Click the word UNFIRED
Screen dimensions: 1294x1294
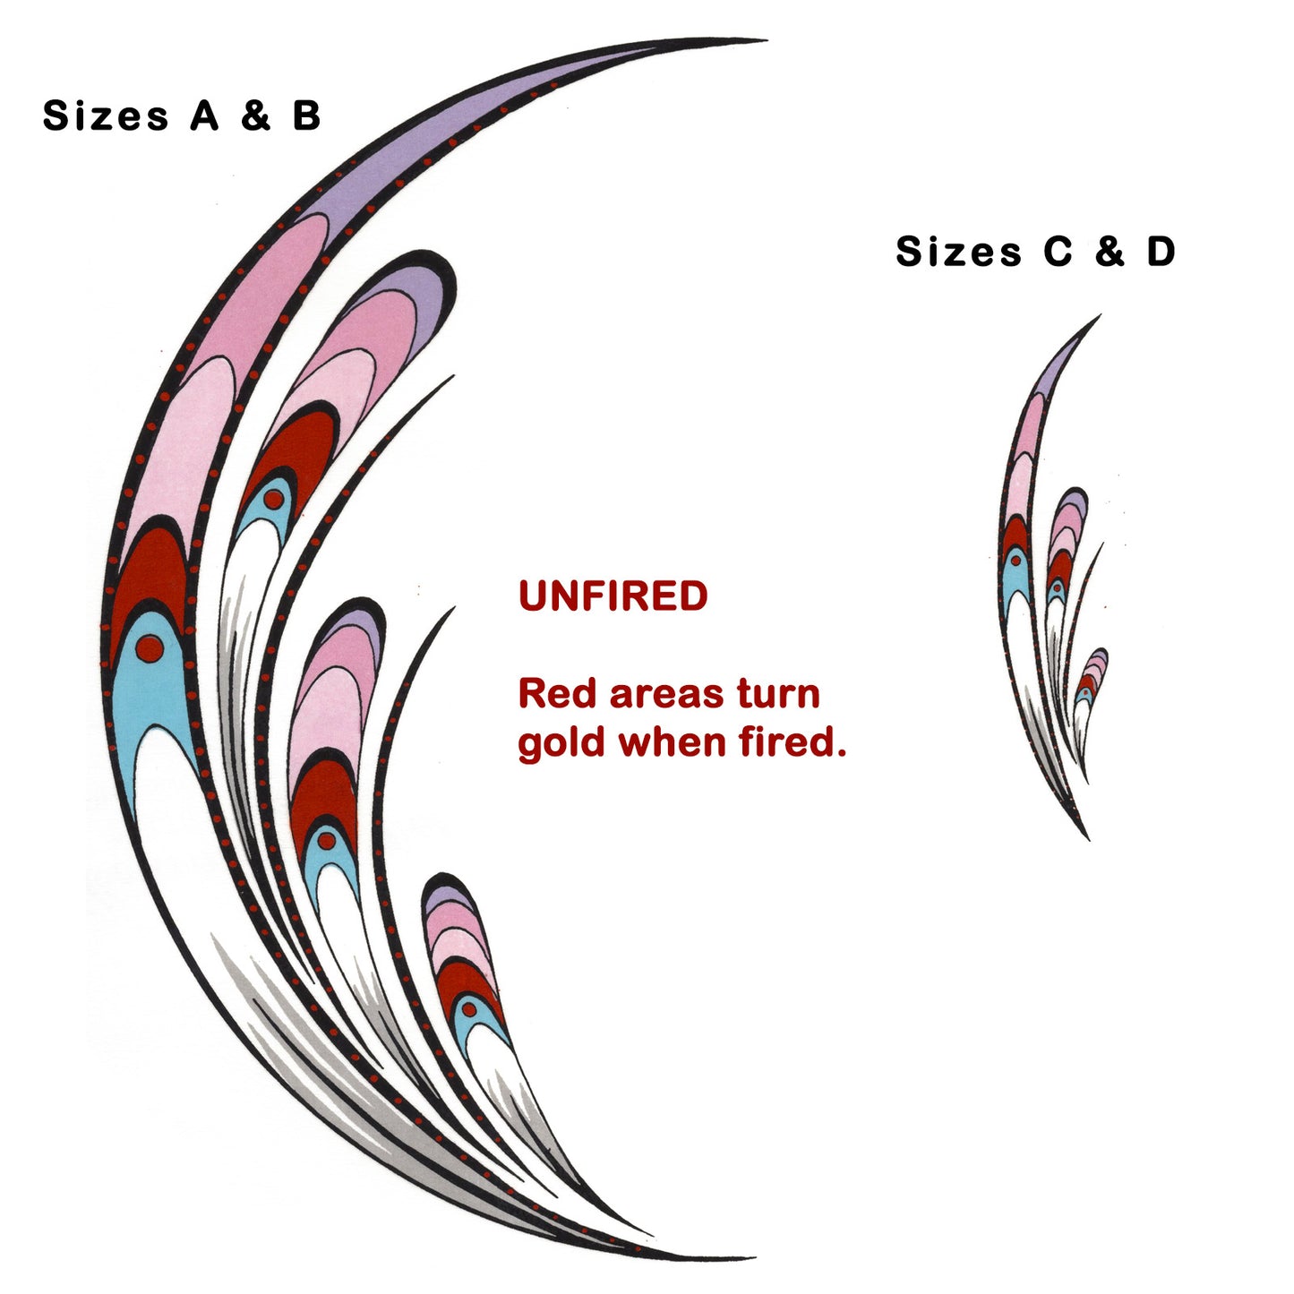click(613, 596)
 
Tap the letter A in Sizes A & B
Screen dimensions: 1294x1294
click(204, 116)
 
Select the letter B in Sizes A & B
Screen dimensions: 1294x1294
click(306, 116)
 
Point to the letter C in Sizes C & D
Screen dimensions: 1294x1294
click(1058, 252)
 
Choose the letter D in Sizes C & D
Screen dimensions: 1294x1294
click(1161, 252)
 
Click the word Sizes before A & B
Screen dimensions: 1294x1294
click(106, 116)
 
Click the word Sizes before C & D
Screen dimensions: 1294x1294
click(958, 252)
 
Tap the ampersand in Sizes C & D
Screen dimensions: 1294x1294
click(1109, 252)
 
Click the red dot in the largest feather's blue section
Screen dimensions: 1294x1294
click(150, 647)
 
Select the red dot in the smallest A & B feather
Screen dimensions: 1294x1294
click(468, 1009)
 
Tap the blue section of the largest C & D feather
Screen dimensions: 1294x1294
click(1017, 578)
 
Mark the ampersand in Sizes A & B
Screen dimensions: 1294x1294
click(255, 116)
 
